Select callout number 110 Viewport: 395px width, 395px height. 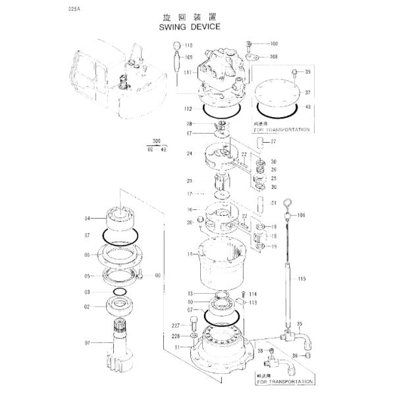click(188, 45)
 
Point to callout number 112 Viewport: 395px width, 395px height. click(188, 109)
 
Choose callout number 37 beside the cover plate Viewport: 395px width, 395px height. click(307, 93)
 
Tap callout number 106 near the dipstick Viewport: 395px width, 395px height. click(302, 215)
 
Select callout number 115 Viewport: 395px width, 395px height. click(302, 279)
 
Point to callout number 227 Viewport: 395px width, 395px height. click(176, 325)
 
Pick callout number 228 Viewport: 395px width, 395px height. click(176, 336)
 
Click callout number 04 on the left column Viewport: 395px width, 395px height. click(87, 219)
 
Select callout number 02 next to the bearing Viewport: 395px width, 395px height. click(87, 306)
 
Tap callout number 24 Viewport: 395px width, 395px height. click(189, 154)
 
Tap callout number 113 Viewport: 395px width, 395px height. click(253, 303)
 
